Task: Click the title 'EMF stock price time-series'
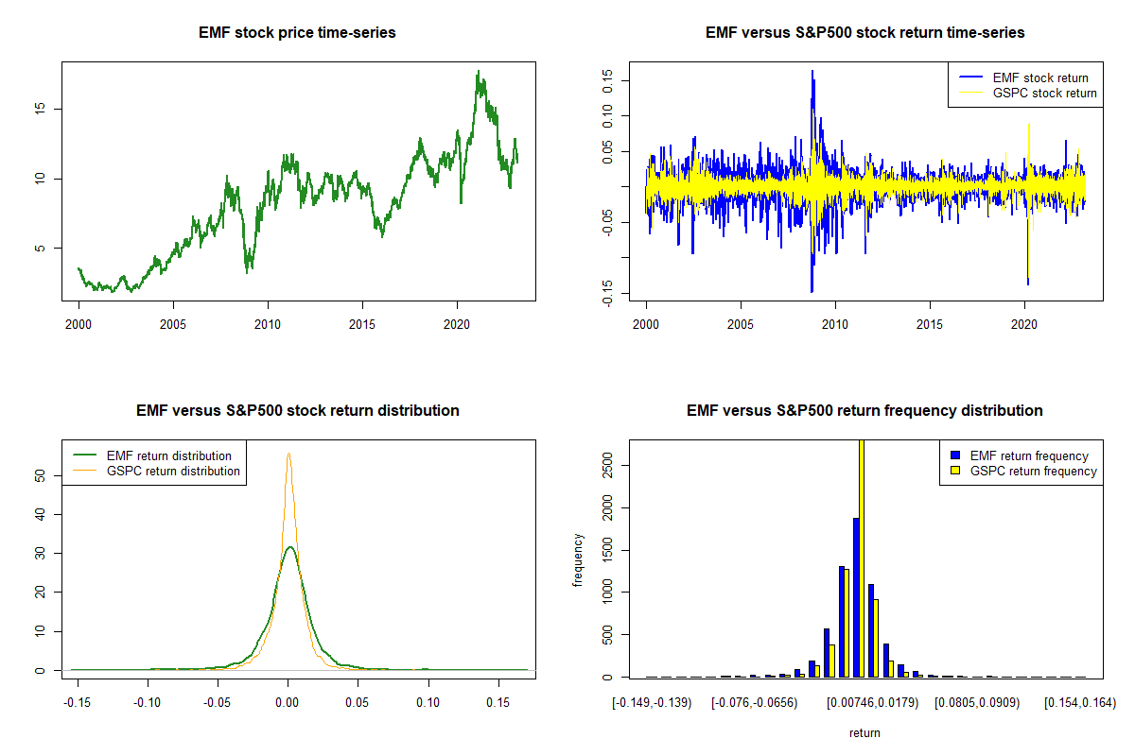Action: (297, 33)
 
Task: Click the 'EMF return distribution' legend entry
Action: (169, 455)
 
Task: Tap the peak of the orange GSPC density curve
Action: (288, 454)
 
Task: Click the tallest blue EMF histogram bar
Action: (856, 597)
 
